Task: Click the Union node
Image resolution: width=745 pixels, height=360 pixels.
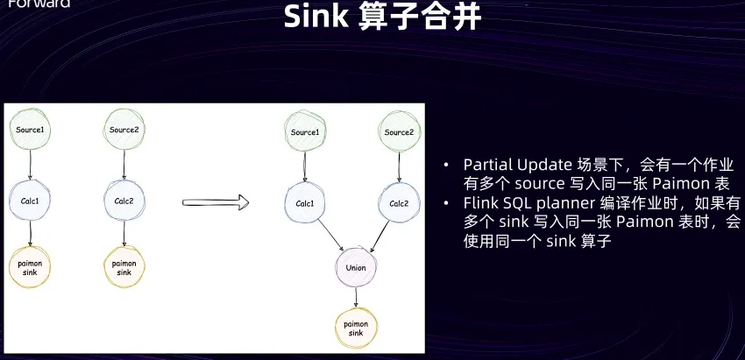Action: click(355, 266)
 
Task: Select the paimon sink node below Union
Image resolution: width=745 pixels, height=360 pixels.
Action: click(355, 328)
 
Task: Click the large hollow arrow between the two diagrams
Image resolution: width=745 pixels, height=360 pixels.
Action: click(216, 203)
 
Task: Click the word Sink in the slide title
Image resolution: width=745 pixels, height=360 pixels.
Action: click(316, 17)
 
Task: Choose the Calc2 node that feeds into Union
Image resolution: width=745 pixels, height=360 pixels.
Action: click(399, 203)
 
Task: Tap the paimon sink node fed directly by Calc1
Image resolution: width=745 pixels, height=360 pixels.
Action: click(32, 264)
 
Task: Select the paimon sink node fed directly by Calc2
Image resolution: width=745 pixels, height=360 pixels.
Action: click(124, 264)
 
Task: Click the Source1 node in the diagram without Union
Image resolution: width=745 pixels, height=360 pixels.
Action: click(32, 131)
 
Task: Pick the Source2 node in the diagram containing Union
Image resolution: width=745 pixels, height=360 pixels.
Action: click(399, 132)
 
